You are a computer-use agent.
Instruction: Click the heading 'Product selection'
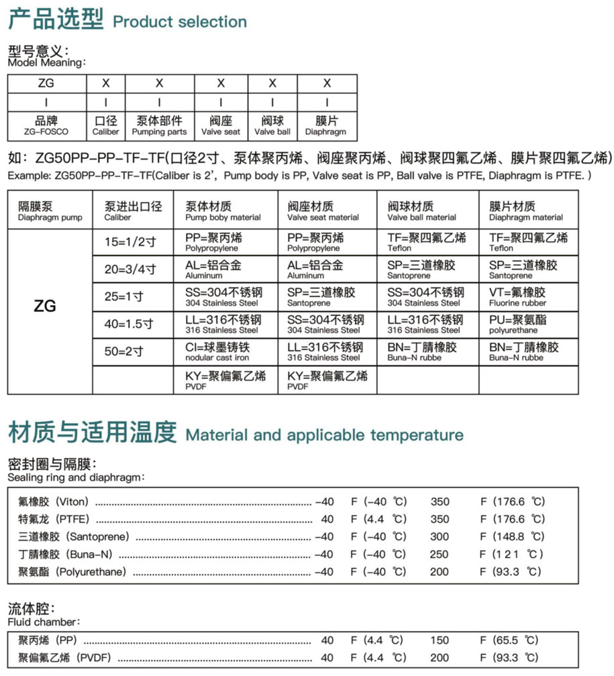(x=179, y=21)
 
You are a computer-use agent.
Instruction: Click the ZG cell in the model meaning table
(x=47, y=84)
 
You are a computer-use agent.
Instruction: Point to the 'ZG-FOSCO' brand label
(x=46, y=132)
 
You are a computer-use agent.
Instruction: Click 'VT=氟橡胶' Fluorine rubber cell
(x=527, y=296)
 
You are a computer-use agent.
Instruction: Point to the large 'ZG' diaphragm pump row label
(x=45, y=307)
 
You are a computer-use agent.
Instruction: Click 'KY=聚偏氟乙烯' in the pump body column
(x=226, y=380)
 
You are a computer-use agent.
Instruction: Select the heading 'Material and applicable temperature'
(x=324, y=435)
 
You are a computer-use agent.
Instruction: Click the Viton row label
(x=54, y=502)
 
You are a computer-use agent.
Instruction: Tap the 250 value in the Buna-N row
(x=439, y=554)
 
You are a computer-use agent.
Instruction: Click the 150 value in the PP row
(x=439, y=640)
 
